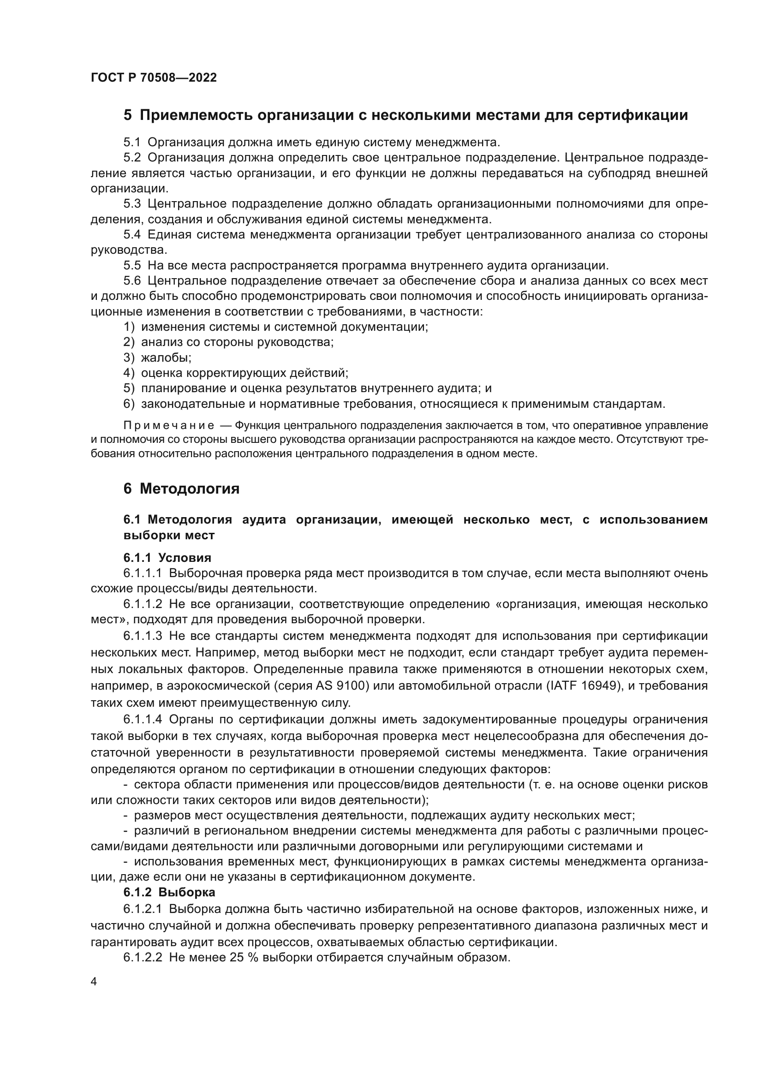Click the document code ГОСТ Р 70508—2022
[x=154, y=78]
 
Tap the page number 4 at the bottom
[x=94, y=983]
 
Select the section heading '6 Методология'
[x=181, y=489]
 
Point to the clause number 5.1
[x=132, y=143]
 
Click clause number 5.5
[x=132, y=266]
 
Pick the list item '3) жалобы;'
[x=157, y=358]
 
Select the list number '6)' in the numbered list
[x=129, y=404]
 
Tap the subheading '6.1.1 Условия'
[x=167, y=558]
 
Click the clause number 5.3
[x=132, y=204]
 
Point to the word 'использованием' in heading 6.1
[x=654, y=520]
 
